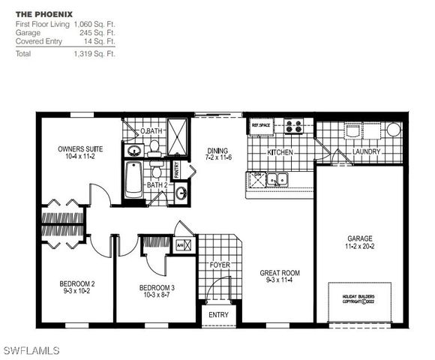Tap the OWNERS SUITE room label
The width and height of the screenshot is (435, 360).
click(x=80, y=149)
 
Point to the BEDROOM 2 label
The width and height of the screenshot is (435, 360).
click(x=76, y=283)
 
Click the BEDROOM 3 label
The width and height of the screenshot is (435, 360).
click(x=156, y=287)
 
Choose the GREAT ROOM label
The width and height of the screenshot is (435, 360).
click(x=280, y=273)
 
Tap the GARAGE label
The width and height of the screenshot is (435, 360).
click(x=359, y=238)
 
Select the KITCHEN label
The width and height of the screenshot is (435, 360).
click(x=280, y=152)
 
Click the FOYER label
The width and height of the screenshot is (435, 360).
click(x=219, y=265)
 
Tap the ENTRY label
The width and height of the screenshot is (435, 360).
click(x=218, y=315)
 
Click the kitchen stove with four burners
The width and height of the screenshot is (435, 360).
click(x=293, y=126)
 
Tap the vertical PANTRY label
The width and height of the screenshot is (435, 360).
click(x=177, y=170)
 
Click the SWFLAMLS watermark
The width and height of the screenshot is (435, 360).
click(x=34, y=349)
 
